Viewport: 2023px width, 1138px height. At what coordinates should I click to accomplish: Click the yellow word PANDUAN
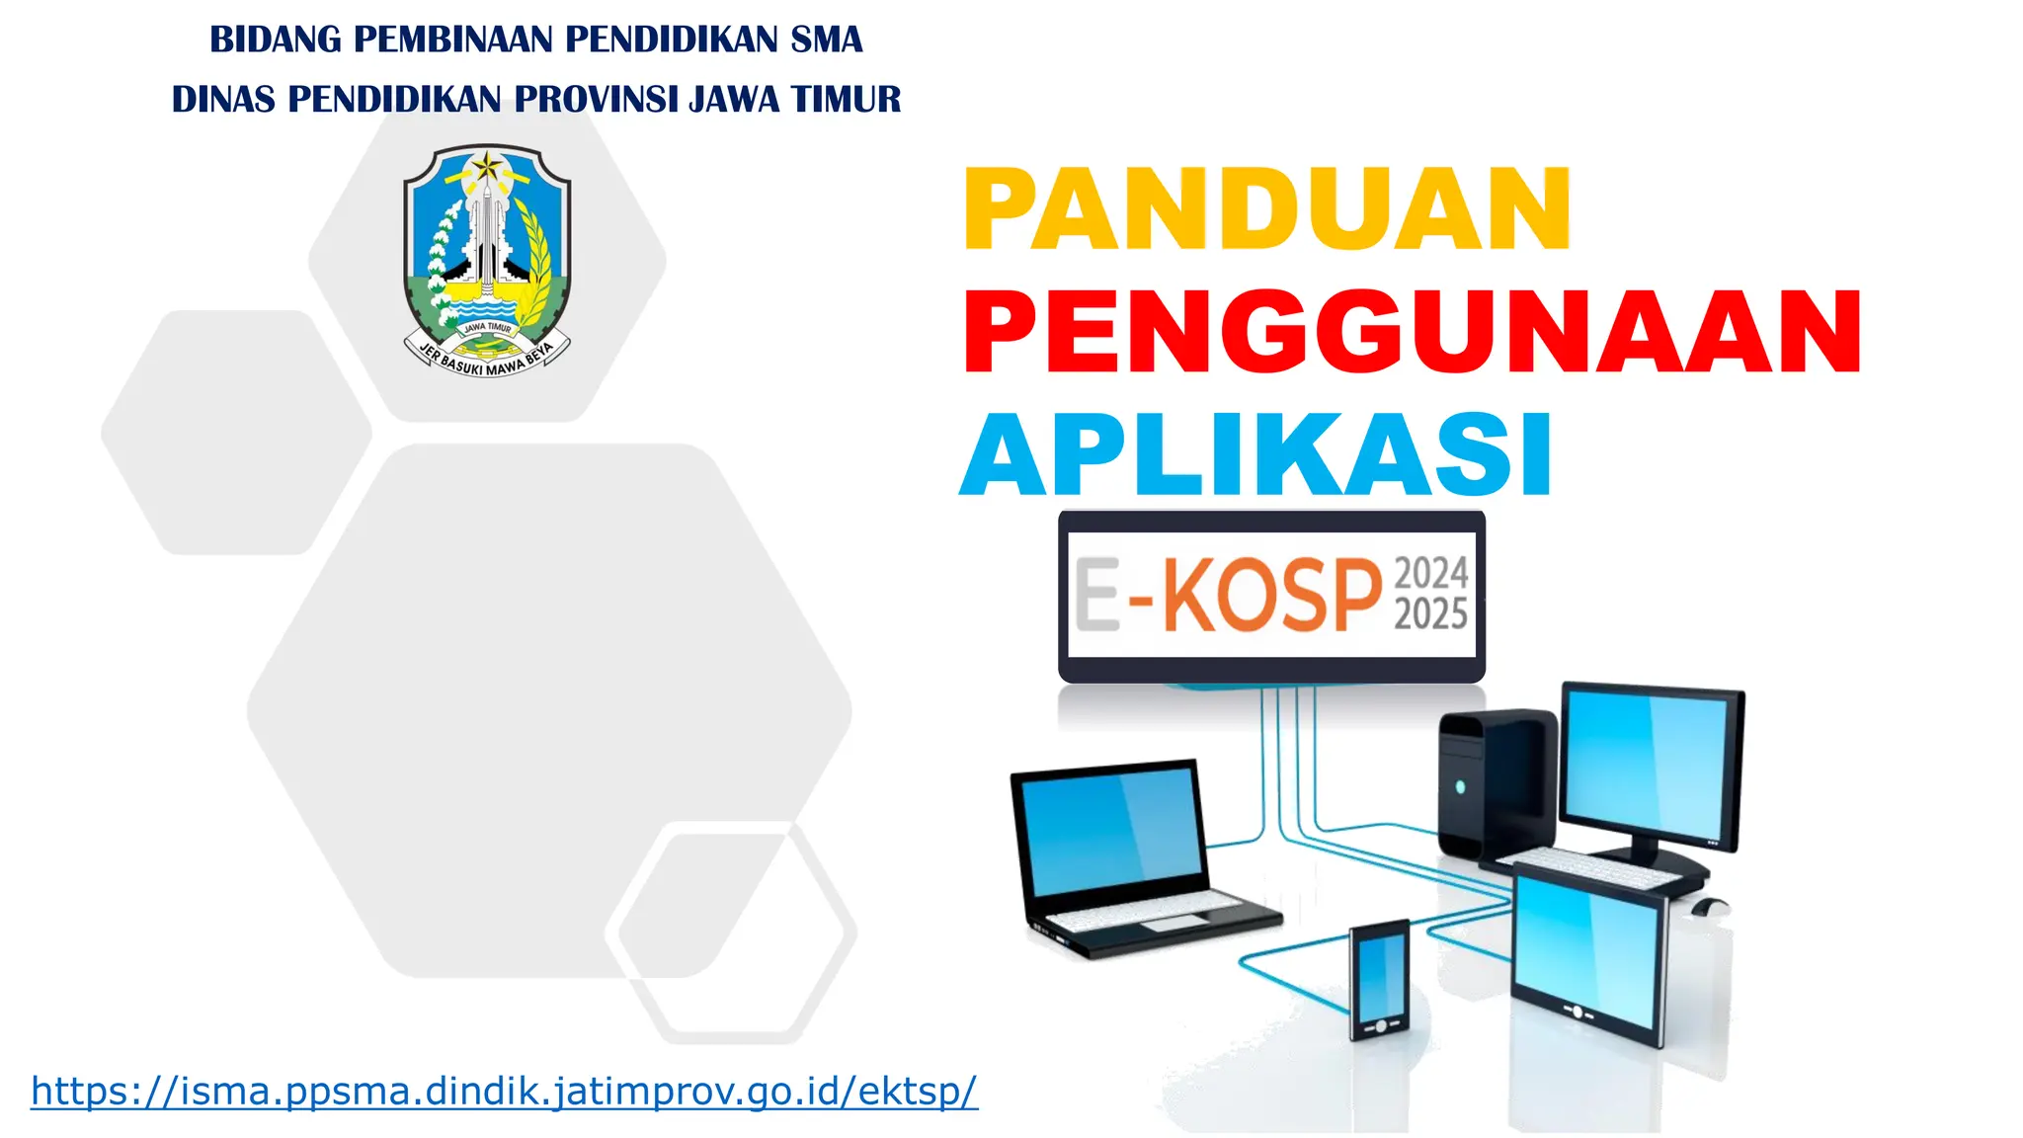coord(1266,209)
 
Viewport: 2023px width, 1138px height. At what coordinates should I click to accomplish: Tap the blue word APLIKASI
coord(1256,455)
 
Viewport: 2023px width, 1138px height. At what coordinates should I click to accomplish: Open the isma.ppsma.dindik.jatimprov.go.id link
coord(504,1091)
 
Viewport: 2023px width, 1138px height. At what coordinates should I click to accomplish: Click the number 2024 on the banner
coord(1430,573)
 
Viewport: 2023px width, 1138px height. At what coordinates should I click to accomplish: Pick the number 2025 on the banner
coord(1430,614)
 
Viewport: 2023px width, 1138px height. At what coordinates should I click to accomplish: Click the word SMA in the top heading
coord(826,40)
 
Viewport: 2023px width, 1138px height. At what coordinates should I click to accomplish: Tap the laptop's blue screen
coord(1111,832)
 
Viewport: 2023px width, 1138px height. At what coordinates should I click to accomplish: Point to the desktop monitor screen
coord(1650,766)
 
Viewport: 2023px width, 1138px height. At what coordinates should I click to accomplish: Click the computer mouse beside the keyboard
coord(1709,905)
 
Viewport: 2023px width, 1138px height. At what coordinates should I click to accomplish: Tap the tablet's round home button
coord(1578,1012)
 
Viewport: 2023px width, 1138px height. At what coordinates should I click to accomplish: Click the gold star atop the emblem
coord(486,165)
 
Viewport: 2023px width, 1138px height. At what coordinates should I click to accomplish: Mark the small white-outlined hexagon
coord(731,932)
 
